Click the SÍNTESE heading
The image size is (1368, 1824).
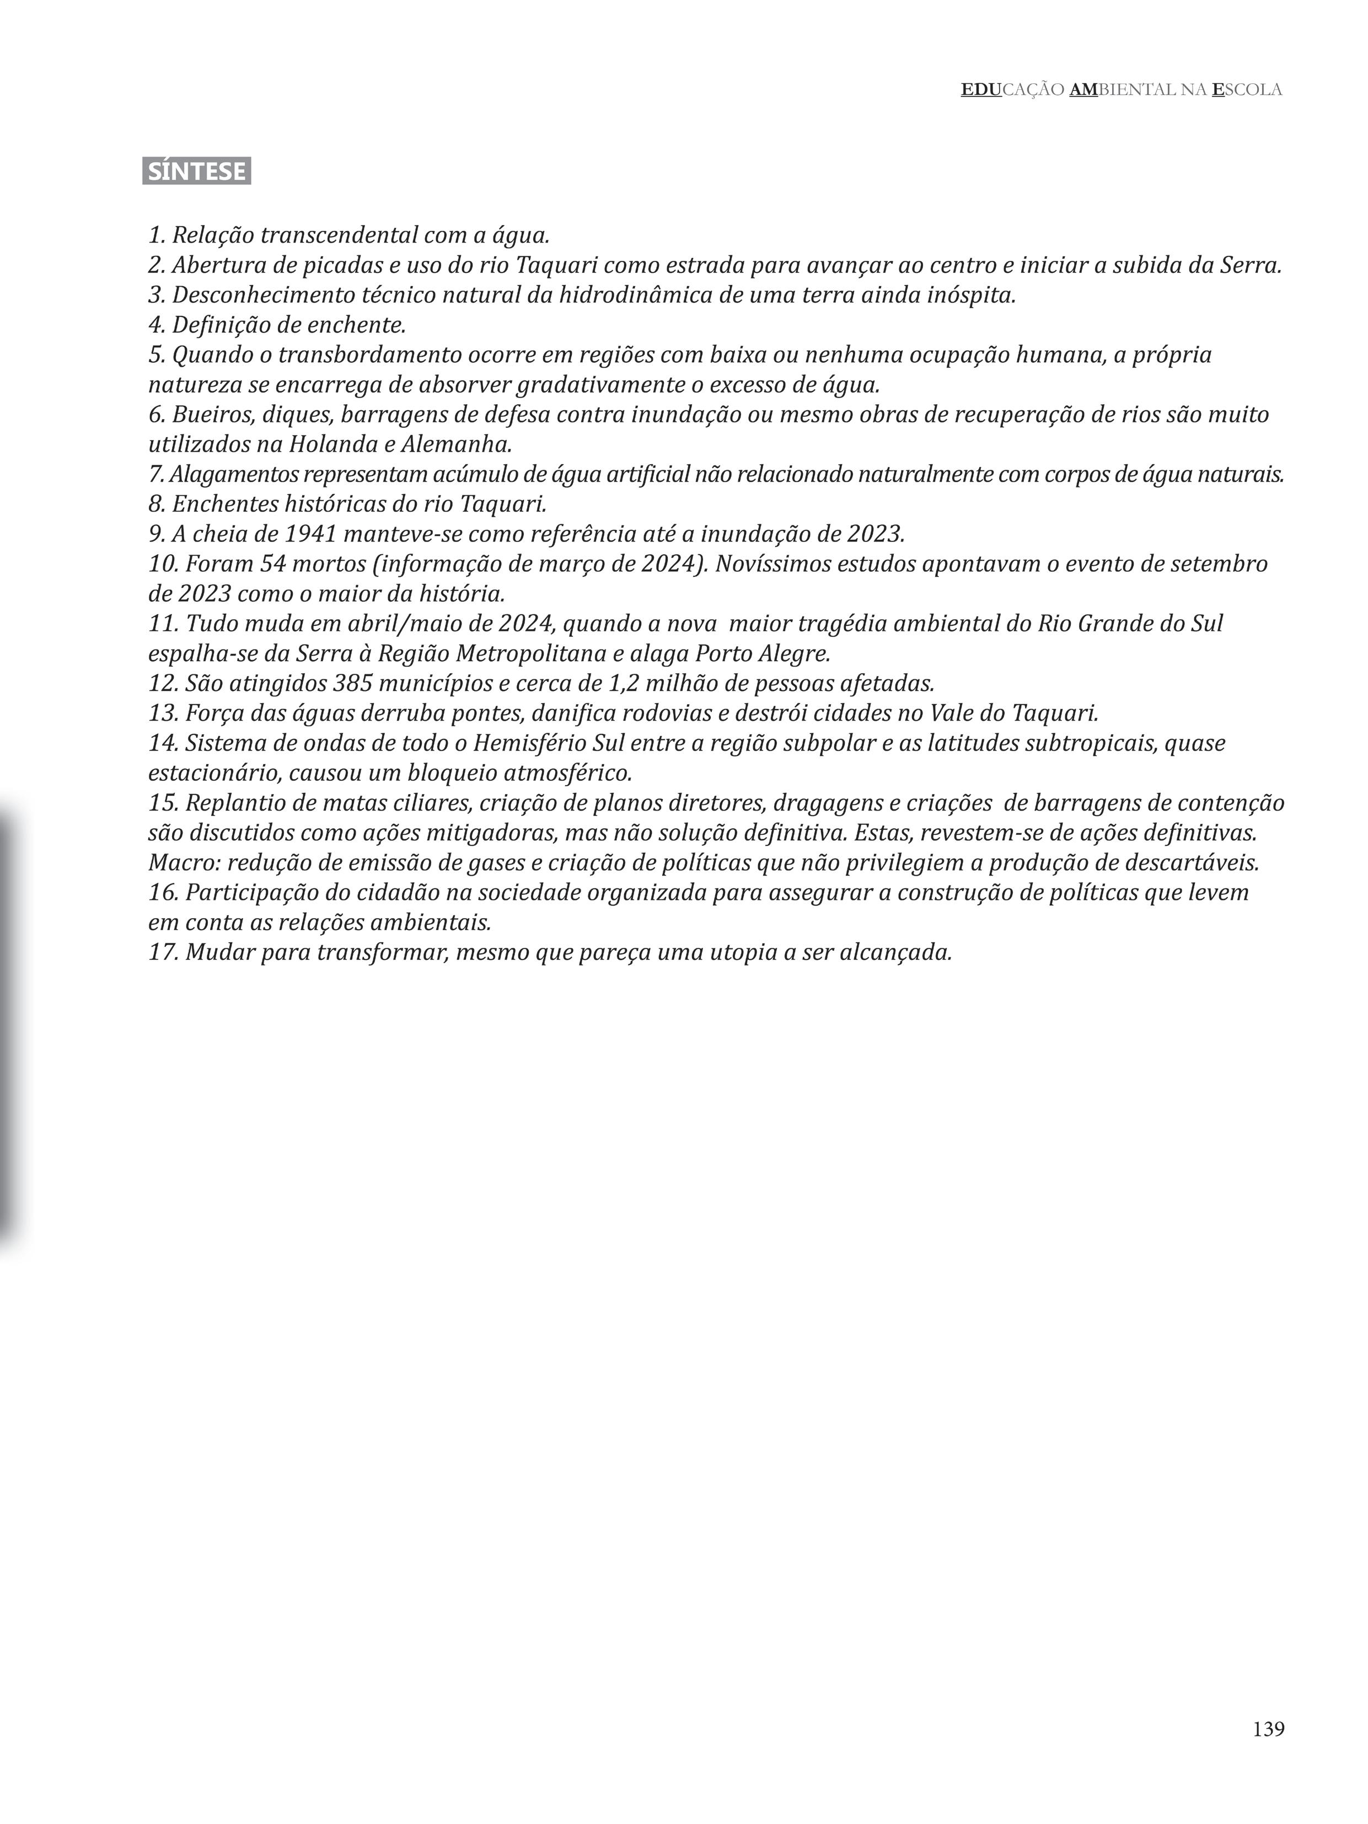coord(196,171)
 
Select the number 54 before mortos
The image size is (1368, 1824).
coord(273,564)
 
